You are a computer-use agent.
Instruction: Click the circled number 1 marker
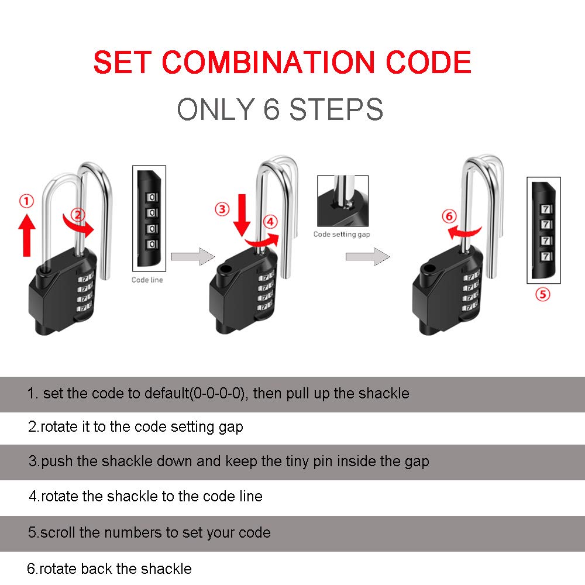click(26, 202)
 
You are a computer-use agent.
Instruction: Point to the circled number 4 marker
click(270, 222)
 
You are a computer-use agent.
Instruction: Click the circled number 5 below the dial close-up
click(543, 294)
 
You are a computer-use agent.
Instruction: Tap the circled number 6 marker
click(449, 216)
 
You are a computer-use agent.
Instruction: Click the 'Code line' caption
click(147, 280)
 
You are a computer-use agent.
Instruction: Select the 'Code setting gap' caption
click(342, 234)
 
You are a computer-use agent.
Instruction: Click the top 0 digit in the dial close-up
click(151, 195)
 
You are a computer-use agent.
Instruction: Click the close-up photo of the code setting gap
click(342, 201)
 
